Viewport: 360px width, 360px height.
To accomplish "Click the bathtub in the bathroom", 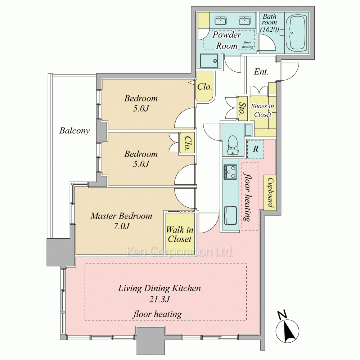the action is click(x=297, y=32).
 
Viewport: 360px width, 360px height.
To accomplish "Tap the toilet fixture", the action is click(x=233, y=145).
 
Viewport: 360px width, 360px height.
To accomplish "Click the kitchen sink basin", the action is click(x=230, y=215).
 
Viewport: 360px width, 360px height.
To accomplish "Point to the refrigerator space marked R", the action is click(x=256, y=149).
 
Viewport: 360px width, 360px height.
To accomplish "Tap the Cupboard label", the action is click(x=270, y=192).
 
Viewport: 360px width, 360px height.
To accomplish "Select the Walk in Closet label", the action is click(x=180, y=234).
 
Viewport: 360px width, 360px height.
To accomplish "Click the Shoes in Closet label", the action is click(x=263, y=110).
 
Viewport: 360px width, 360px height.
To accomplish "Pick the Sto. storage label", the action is click(x=242, y=108).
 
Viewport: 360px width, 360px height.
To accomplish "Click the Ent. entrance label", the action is click(x=261, y=72).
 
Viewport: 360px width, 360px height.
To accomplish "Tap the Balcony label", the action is click(x=75, y=131).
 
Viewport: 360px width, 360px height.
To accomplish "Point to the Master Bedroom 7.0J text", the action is click(x=121, y=221).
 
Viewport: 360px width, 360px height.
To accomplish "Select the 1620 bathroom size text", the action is click(x=270, y=30).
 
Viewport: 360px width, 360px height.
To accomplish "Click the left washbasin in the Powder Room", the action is click(x=221, y=21).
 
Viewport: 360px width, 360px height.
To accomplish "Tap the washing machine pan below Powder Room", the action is click(x=209, y=61).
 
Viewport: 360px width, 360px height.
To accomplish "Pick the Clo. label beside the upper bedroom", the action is click(x=204, y=87).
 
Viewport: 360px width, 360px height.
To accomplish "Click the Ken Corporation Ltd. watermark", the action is click(x=180, y=251).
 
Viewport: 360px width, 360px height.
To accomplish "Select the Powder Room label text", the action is click(x=226, y=40).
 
